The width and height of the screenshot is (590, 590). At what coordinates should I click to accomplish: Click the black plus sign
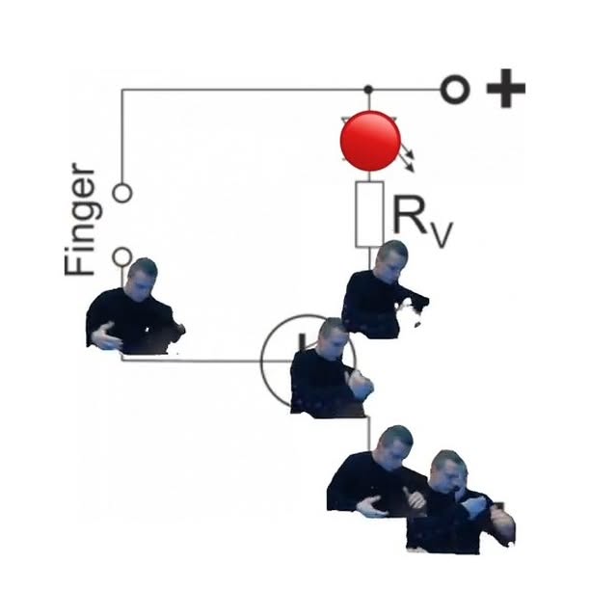pos(505,91)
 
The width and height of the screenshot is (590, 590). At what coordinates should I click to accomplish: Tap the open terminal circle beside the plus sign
pos(455,91)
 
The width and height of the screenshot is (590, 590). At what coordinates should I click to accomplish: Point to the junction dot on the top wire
pos(368,90)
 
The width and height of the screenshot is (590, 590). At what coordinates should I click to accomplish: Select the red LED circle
pos(370,141)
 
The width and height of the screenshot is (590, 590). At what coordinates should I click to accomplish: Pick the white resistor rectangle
pos(369,213)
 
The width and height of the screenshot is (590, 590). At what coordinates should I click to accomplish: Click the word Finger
pos(81,221)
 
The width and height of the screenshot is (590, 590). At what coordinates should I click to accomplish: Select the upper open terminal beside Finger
pos(121,193)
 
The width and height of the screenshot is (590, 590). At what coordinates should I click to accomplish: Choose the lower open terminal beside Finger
pos(121,256)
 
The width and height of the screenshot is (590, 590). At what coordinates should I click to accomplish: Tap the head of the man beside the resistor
pos(390,259)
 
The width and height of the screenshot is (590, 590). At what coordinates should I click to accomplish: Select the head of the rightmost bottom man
pos(447,469)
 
